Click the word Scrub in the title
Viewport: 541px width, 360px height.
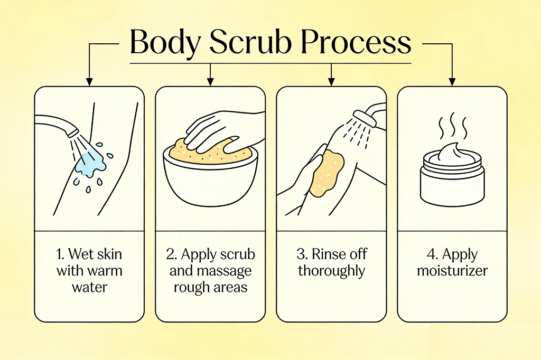click(250, 42)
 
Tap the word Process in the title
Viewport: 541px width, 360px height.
click(356, 42)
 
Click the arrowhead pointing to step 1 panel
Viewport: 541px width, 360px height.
click(89, 81)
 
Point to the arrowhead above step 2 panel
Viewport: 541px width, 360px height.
click(210, 81)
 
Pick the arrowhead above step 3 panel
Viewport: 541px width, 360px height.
click(331, 81)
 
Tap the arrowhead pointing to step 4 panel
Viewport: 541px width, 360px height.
click(452, 81)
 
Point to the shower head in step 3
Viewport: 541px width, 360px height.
click(365, 118)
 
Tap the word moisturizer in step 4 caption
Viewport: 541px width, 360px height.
click(452, 270)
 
